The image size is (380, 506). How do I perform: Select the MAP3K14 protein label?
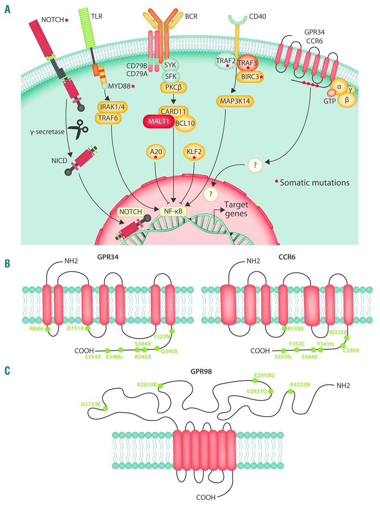pos(235,101)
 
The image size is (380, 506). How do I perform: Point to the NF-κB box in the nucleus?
pos(173,211)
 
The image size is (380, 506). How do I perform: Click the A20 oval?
pos(156,152)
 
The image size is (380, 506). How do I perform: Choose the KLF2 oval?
pos(194,152)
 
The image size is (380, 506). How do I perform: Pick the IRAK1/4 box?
pos(114,106)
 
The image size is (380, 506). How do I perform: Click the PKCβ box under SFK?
pos(173,87)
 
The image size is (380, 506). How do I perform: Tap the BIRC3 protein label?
pos(250,77)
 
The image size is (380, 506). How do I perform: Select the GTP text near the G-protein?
pos(329,101)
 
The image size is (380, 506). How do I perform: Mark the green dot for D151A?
pos(88,329)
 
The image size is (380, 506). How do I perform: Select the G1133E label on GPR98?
pos(91,404)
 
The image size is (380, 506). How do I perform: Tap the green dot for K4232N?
pos(290,391)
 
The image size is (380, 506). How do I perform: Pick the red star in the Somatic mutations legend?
pos(276,182)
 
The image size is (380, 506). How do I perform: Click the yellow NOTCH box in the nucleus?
pos(131,212)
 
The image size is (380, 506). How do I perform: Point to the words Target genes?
pos(236,209)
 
